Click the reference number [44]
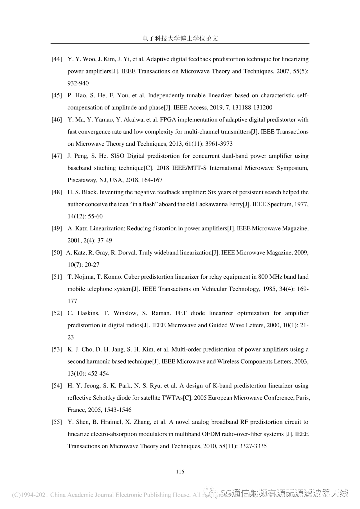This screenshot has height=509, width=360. click(57, 59)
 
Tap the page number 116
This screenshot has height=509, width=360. click(180, 471)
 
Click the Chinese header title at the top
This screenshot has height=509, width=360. click(180, 38)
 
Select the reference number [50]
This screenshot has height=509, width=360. click(57, 253)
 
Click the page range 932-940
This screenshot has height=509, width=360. click(78, 83)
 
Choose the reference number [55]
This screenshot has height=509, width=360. click(57, 422)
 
